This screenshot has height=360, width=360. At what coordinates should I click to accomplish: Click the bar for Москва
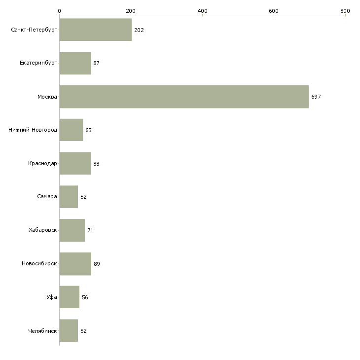pyautogui.click(x=184, y=97)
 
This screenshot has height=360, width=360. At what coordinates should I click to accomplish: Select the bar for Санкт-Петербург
pyautogui.click(x=96, y=30)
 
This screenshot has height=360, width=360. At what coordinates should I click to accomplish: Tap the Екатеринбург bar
pyautogui.click(x=75, y=63)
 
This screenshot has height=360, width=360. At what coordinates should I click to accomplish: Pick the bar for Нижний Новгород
pyautogui.click(x=71, y=130)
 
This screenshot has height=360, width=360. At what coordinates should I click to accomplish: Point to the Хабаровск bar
pyautogui.click(x=72, y=230)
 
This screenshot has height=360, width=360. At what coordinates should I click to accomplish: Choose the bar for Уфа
pyautogui.click(x=70, y=297)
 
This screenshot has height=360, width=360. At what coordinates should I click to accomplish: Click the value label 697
pyautogui.click(x=316, y=97)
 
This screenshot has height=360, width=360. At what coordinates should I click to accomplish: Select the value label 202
pyautogui.click(x=139, y=30)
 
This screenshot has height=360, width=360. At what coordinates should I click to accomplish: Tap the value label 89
pyautogui.click(x=97, y=264)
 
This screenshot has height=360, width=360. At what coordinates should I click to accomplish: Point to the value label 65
pyautogui.click(x=88, y=130)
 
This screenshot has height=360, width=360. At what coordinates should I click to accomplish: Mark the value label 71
pyautogui.click(x=90, y=230)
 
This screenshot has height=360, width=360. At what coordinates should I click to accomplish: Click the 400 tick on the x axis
pyautogui.click(x=202, y=10)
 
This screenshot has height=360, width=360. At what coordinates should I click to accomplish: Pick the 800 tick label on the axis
pyautogui.click(x=345, y=10)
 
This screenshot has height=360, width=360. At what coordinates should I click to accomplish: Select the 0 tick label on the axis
pyautogui.click(x=59, y=10)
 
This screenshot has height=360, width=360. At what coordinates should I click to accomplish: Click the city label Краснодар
pyautogui.click(x=42, y=163)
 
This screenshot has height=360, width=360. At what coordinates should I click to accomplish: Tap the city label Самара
pyautogui.click(x=47, y=197)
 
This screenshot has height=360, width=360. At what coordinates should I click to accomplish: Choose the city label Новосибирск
pyautogui.click(x=39, y=264)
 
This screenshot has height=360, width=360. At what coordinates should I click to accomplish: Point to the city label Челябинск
pyautogui.click(x=42, y=331)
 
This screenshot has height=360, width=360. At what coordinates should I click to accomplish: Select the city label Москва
pyautogui.click(x=47, y=97)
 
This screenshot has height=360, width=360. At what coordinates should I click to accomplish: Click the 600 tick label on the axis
pyautogui.click(x=274, y=10)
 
